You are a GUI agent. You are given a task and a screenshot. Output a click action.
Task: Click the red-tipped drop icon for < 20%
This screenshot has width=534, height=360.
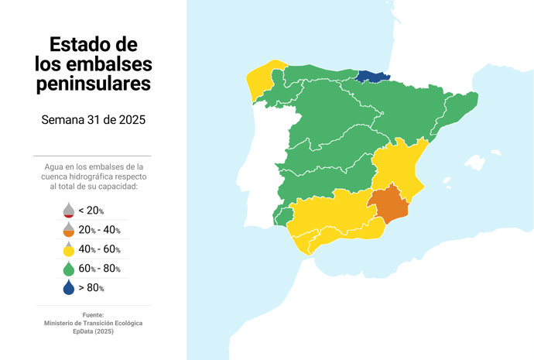(x=68, y=211)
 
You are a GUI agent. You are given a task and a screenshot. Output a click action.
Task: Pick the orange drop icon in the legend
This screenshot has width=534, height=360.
(x=68, y=230)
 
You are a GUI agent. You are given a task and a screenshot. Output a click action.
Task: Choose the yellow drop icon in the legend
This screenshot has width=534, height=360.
(x=68, y=249)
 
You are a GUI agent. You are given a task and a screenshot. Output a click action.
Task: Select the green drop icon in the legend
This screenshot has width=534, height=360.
(x=68, y=269)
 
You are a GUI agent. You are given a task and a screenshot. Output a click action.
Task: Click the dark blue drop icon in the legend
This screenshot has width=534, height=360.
(x=68, y=288)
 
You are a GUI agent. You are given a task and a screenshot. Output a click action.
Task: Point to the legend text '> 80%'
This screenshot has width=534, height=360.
(x=91, y=288)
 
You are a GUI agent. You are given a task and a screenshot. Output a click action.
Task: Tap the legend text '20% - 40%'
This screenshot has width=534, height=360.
(x=100, y=230)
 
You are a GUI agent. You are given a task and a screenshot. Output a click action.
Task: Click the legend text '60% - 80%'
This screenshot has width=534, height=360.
(x=100, y=269)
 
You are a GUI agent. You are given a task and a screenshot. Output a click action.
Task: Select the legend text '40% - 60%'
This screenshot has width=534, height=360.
(x=100, y=249)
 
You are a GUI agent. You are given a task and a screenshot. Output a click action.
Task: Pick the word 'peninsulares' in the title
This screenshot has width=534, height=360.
(x=94, y=84)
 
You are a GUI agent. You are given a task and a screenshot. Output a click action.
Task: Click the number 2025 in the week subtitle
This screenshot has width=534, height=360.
(x=130, y=120)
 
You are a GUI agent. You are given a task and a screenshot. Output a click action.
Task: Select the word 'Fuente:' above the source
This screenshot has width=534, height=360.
(x=93, y=314)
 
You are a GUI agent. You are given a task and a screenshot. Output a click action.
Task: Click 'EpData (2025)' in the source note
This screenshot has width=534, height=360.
(x=93, y=331)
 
